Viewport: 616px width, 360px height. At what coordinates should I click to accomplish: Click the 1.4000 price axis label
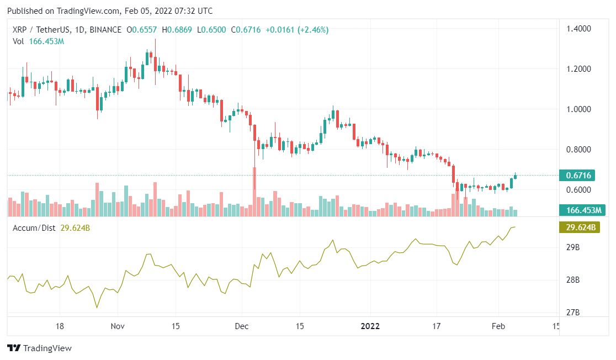tap(580, 29)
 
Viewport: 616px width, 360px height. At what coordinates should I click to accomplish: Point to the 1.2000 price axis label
tap(580, 69)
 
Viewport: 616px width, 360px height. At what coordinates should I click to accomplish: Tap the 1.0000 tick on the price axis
tap(580, 109)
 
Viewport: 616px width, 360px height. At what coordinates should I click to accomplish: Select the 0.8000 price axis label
tap(580, 150)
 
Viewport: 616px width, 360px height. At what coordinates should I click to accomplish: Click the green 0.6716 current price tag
tap(579, 176)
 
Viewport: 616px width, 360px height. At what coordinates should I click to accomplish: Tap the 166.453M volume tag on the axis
tap(582, 210)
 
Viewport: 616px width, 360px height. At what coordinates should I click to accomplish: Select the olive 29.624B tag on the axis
tap(581, 227)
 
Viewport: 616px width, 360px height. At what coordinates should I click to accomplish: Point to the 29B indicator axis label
tap(573, 247)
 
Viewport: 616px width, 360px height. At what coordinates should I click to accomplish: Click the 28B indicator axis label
tap(573, 280)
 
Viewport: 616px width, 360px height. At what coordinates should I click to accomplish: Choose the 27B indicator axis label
tap(573, 313)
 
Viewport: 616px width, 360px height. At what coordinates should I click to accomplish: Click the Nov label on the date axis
tap(118, 326)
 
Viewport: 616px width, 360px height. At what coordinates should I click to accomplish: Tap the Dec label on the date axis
tap(241, 326)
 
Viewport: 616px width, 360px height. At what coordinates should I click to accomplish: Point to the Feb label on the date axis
tap(498, 326)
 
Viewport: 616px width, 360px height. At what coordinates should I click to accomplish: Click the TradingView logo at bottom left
tap(39, 348)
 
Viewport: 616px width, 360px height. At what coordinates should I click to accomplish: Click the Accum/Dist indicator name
tap(34, 228)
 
